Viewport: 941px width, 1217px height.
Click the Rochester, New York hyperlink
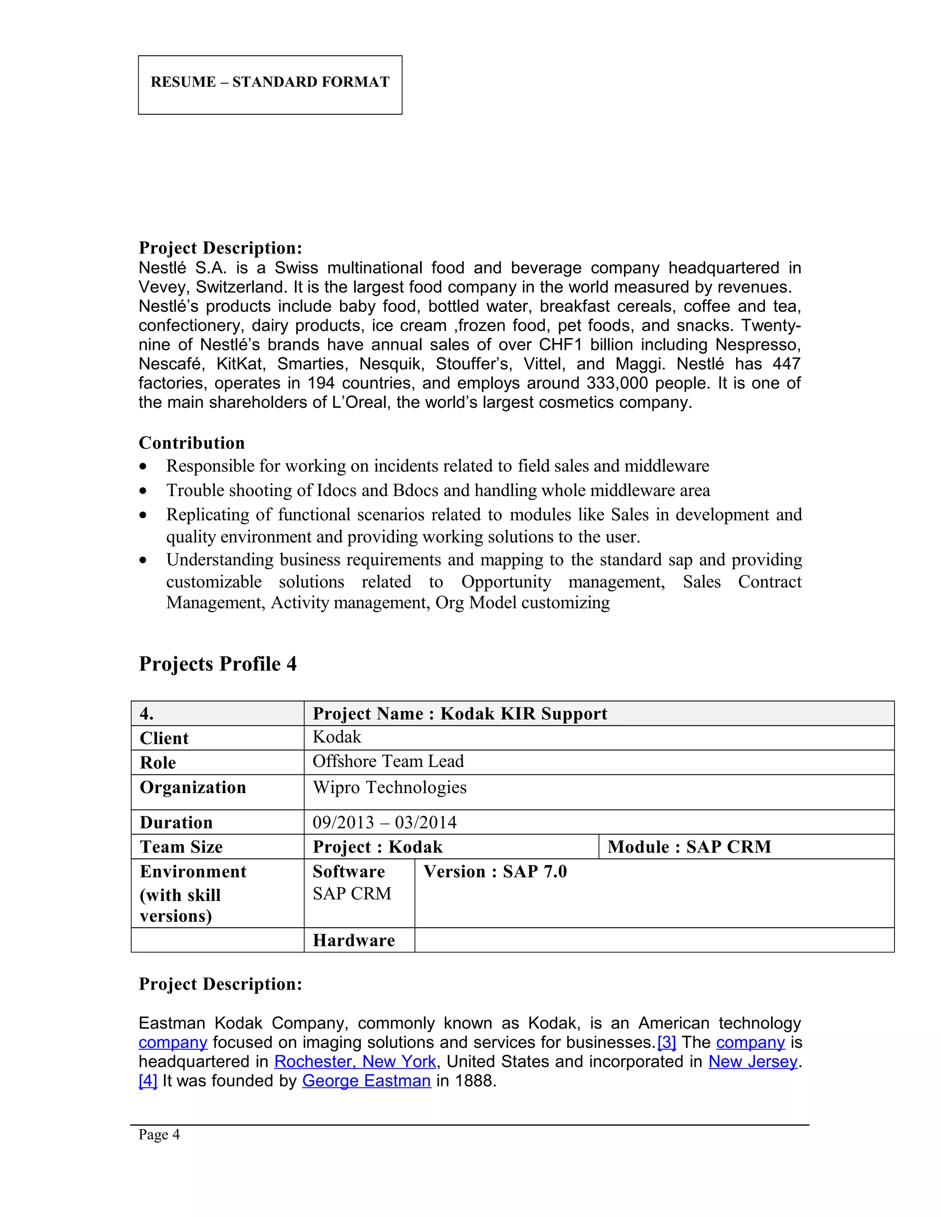(355, 1061)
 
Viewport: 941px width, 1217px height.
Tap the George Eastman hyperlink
(366, 1081)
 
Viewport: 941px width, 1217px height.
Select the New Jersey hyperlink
(753, 1061)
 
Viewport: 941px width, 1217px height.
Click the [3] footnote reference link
(666, 1042)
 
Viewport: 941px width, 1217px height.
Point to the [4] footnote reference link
(148, 1081)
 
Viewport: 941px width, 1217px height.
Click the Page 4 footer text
(159, 1134)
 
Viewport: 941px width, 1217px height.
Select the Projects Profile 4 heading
(217, 664)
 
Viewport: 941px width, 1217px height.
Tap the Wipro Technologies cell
(389, 787)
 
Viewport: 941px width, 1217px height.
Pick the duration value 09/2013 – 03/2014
(384, 823)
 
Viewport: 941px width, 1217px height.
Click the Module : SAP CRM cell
(689, 847)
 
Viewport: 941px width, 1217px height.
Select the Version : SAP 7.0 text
(494, 872)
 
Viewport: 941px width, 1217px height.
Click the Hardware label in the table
(353, 941)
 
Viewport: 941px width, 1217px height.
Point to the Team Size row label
(181, 847)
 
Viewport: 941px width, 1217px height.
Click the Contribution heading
(191, 443)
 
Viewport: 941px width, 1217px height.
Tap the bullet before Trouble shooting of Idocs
(144, 491)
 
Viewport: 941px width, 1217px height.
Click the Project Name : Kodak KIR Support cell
(460, 714)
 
